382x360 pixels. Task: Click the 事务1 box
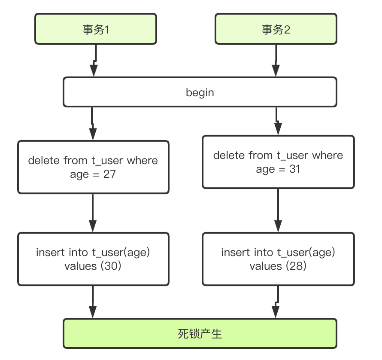coord(95,29)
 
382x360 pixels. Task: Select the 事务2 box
coord(276,29)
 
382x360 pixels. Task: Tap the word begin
coord(200,92)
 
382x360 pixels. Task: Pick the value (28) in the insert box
coord(296,266)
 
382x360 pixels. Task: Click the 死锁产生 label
coord(200,334)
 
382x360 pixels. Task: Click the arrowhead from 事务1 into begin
coord(94,70)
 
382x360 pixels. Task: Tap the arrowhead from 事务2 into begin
coord(276,70)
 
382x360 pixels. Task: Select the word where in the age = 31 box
coord(327,155)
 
